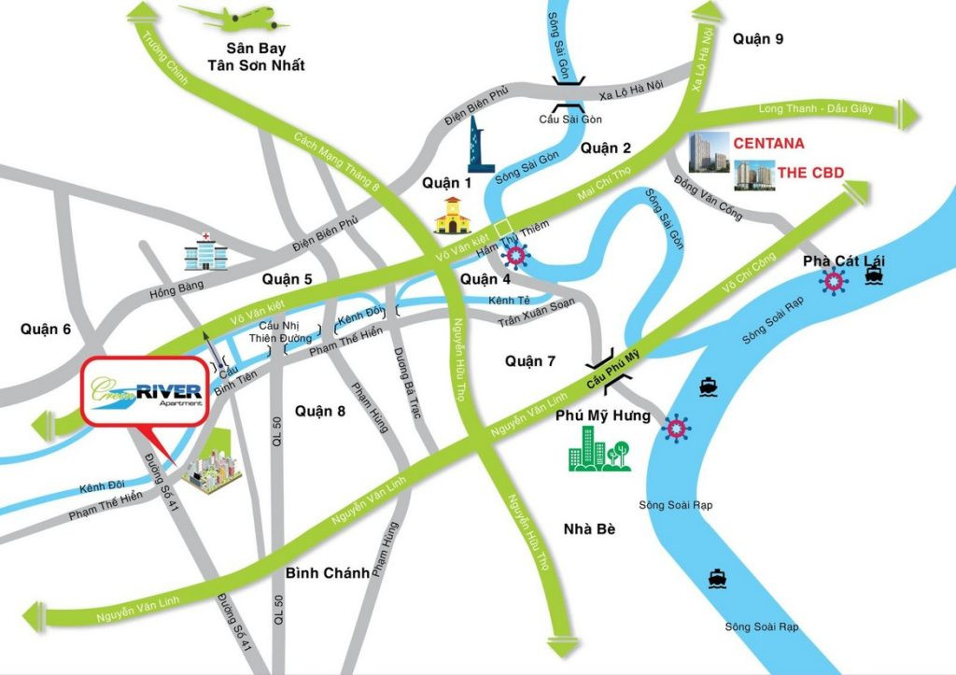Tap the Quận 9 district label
pyautogui.click(x=758, y=38)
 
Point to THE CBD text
pyautogui.click(x=791, y=173)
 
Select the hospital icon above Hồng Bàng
pyautogui.click(x=203, y=248)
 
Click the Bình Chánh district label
pyautogui.click(x=328, y=573)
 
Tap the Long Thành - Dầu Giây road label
pyautogui.click(x=815, y=108)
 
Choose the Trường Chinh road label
pyautogui.click(x=165, y=59)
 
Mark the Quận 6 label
pyautogui.click(x=45, y=329)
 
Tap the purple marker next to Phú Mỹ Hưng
pyautogui.click(x=677, y=429)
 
